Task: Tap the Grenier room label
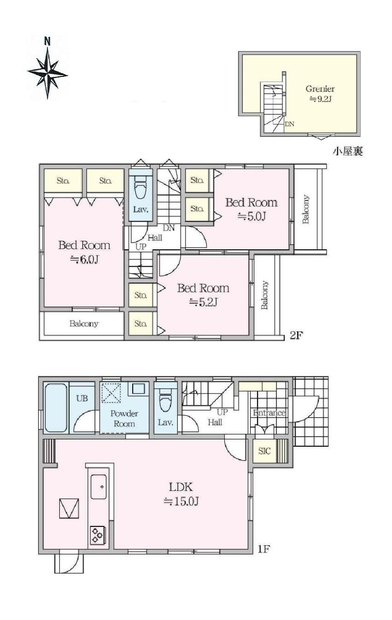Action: (x=320, y=89)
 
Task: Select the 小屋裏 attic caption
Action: (x=347, y=151)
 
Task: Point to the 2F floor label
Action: (x=296, y=336)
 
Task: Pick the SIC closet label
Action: (x=264, y=451)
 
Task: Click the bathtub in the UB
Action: (x=56, y=407)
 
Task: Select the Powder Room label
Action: (x=124, y=419)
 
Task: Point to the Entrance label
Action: (x=269, y=413)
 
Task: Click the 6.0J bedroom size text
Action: (x=84, y=260)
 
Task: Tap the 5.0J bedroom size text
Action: (x=252, y=216)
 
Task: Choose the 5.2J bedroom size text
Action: (x=203, y=302)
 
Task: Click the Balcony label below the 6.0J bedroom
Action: (x=84, y=324)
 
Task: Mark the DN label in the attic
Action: (x=289, y=124)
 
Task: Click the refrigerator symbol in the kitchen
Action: (x=69, y=508)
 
